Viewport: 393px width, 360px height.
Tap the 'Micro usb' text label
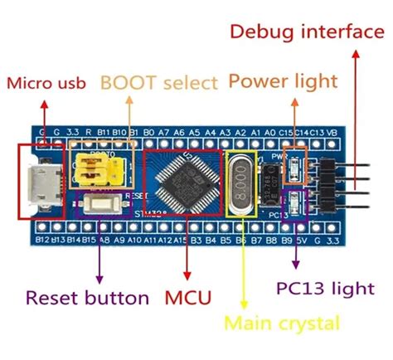pos(48,83)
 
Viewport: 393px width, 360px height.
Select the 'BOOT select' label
pos(159,83)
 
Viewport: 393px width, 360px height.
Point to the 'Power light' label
pos(283,81)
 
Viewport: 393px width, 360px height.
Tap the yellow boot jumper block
pos(96,168)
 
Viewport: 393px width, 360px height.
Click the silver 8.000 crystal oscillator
pos(240,182)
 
